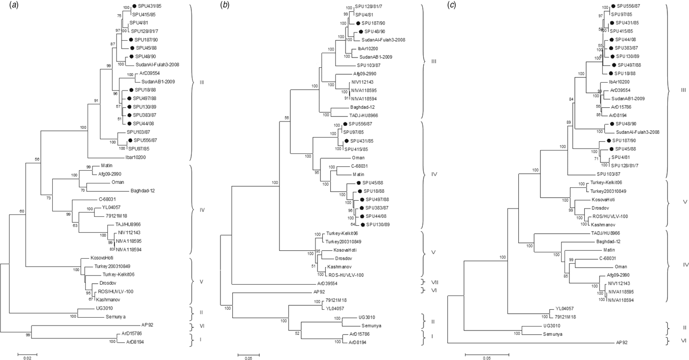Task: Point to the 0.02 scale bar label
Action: click(x=28, y=358)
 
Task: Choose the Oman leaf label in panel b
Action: click(x=358, y=158)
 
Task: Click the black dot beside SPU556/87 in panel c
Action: click(x=613, y=6)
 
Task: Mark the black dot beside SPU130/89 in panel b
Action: click(x=363, y=225)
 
